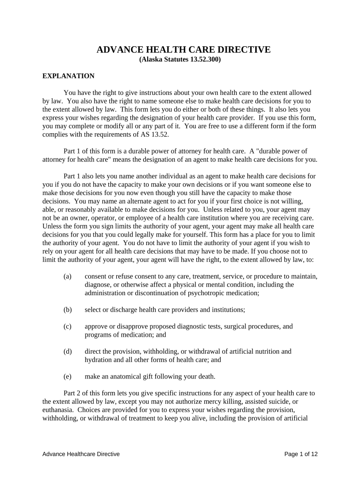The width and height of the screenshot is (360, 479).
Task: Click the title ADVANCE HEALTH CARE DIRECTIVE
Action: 183,50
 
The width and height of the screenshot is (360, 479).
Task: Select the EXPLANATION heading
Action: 68,76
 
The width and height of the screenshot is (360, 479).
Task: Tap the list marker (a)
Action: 67,276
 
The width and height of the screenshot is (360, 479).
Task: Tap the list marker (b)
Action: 67,310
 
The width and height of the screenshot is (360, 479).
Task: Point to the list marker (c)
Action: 67,327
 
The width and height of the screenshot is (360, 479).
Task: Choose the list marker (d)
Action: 67,352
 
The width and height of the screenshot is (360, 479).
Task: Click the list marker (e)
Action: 67,376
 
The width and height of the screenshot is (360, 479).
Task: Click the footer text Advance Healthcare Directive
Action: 81,454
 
